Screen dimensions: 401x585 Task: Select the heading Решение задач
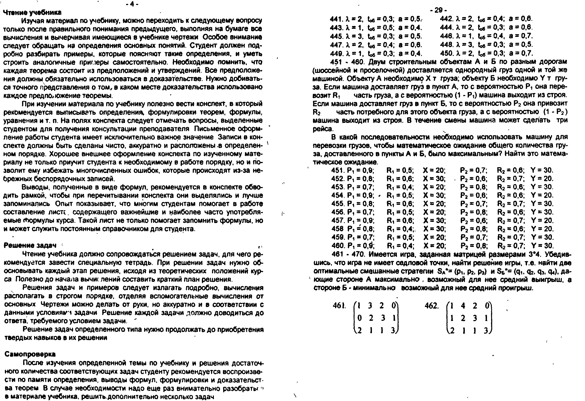tap(30, 245)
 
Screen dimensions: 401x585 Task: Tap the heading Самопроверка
tap(30, 354)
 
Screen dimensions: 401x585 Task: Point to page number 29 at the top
tap(438, 10)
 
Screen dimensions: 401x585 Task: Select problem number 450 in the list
tap(446, 53)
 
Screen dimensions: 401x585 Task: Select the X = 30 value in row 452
tap(434, 179)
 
